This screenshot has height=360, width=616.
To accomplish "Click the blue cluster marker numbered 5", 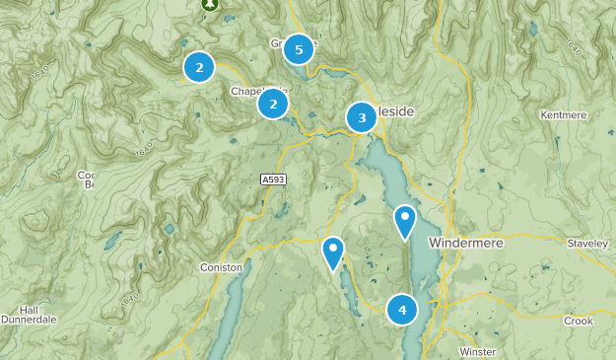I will (x=299, y=48).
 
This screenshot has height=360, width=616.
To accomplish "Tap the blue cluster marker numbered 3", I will (x=362, y=118).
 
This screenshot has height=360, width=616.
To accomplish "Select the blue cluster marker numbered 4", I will (x=402, y=310).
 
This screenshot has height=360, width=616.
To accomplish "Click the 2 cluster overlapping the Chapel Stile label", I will (x=273, y=104).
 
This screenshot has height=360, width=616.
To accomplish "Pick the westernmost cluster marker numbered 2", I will (x=199, y=67).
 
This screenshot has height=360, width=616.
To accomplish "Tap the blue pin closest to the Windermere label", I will (x=405, y=222).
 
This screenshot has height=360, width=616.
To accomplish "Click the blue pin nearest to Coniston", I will (x=333, y=252).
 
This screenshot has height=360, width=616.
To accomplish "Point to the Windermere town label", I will (x=466, y=242).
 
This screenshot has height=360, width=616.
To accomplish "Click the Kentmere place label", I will (x=564, y=115).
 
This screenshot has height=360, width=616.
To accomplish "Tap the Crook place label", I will (x=578, y=321).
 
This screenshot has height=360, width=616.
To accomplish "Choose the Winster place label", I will (x=477, y=351).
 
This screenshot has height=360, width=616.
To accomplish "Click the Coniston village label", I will (x=221, y=267).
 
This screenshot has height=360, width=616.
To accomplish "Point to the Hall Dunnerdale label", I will (x=32, y=315).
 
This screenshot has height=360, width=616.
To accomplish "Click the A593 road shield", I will (x=274, y=180).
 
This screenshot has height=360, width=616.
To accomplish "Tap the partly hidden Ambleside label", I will (x=394, y=111).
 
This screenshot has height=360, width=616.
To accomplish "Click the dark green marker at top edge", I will (x=210, y=4).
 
